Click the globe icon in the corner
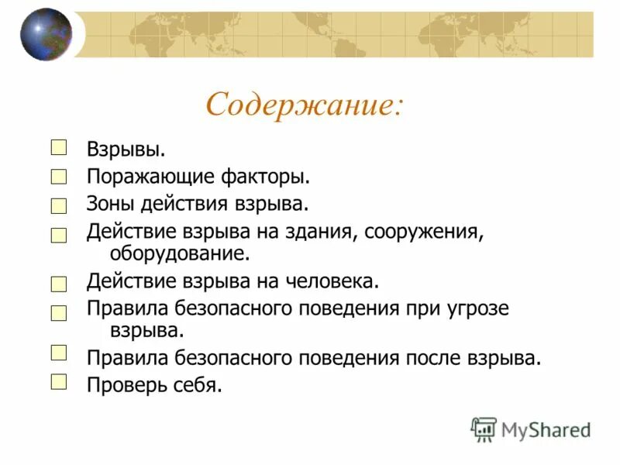tap(46, 34)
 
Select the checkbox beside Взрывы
tap(59, 147)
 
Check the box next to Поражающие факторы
tap(59, 177)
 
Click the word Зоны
tap(110, 205)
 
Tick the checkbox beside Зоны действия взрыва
tap(59, 206)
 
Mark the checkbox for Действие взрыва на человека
tap(59, 284)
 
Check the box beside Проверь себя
tap(59, 381)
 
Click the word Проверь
tap(125, 384)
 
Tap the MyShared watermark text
tap(546, 429)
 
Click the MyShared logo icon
tap(484, 429)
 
